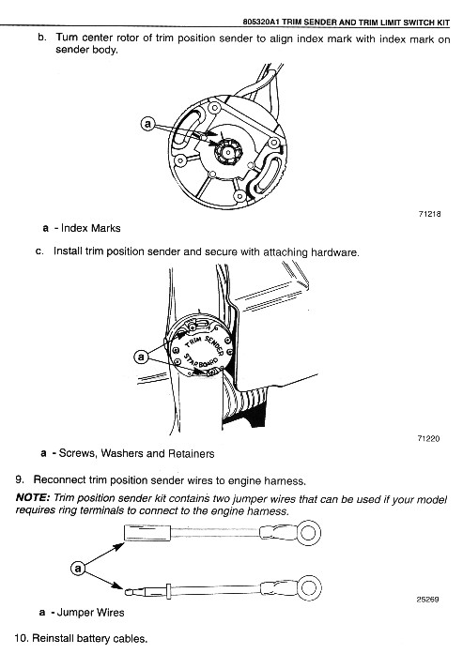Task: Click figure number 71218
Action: tap(429, 214)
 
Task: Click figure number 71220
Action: tap(428, 438)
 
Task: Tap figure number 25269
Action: tap(427, 599)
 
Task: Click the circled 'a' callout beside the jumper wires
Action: tap(77, 569)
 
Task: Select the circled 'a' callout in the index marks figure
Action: tap(147, 124)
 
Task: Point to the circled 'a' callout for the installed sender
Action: tap(142, 356)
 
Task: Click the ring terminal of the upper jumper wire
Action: tap(309, 532)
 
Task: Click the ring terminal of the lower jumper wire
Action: tap(309, 587)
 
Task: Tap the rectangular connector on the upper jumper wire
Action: tap(147, 532)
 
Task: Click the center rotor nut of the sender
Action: tap(228, 152)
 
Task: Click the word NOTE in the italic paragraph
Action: tap(33, 497)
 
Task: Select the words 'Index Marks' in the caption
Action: tap(91, 228)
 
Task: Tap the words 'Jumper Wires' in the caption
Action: tap(91, 613)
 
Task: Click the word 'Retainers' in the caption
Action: tap(192, 453)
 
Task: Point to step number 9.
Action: tap(20, 479)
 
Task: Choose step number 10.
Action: tap(22, 638)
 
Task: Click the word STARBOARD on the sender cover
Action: tap(201, 361)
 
